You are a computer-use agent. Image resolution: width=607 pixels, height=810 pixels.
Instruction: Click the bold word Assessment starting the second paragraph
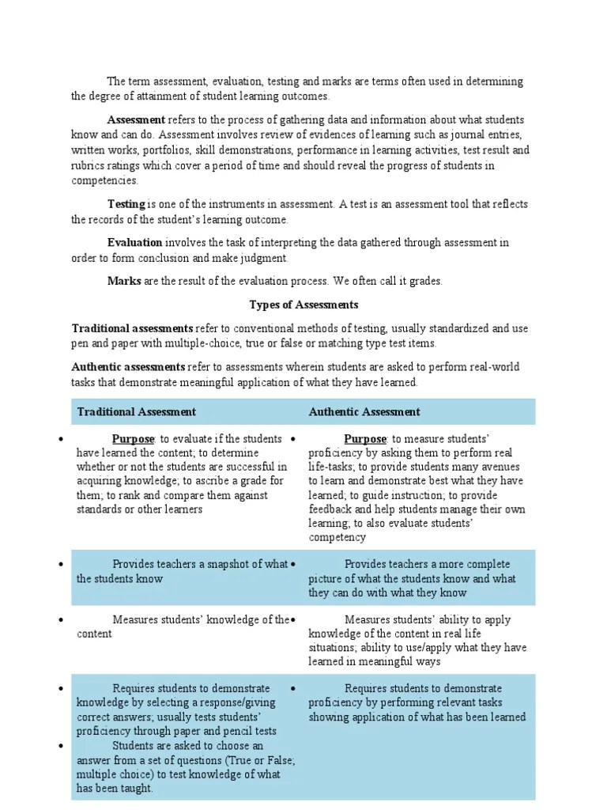click(x=136, y=120)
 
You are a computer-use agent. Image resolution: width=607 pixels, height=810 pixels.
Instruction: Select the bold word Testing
click(x=126, y=204)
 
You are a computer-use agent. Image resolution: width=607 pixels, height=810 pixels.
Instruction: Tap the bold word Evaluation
click(x=135, y=243)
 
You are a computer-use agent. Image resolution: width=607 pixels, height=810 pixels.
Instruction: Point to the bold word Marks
click(x=125, y=281)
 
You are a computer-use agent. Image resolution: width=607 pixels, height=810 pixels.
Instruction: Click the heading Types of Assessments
click(x=303, y=305)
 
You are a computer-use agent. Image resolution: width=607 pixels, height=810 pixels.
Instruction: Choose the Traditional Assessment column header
click(x=136, y=411)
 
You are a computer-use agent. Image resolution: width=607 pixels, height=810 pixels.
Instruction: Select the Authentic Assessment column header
click(x=364, y=411)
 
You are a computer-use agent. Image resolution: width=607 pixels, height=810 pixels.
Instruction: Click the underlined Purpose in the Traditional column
click(x=133, y=439)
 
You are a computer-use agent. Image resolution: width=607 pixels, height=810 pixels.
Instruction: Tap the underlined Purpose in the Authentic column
click(x=365, y=439)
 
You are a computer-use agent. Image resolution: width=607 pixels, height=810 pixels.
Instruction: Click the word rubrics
click(x=89, y=165)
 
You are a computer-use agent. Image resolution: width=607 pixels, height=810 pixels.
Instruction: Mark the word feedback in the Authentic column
click(x=333, y=509)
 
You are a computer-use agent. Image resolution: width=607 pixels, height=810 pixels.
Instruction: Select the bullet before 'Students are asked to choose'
click(x=61, y=746)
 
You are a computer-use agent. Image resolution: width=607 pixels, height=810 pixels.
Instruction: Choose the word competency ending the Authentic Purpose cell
click(x=337, y=538)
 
